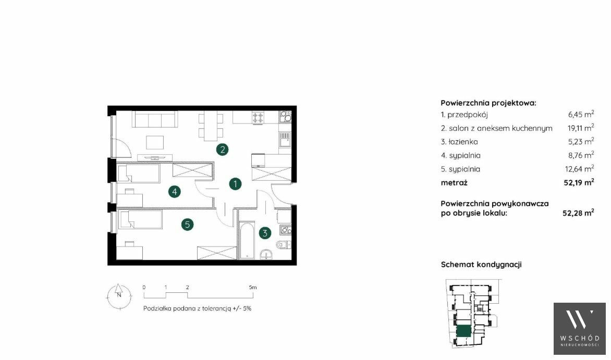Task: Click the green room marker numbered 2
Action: pyautogui.click(x=222, y=149)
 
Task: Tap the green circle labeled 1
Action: pyautogui.click(x=235, y=183)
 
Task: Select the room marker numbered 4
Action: pyautogui.click(x=174, y=191)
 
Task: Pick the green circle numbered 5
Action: pyautogui.click(x=188, y=225)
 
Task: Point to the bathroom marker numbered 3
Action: pyautogui.click(x=265, y=233)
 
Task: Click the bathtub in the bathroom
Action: pyautogui.click(x=246, y=240)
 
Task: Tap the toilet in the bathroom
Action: pyautogui.click(x=283, y=245)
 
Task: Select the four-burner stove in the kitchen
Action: pyautogui.click(x=258, y=118)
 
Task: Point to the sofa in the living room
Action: pyautogui.click(x=155, y=119)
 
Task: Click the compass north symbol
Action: pyautogui.click(x=119, y=296)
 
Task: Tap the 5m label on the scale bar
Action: pyautogui.click(x=253, y=288)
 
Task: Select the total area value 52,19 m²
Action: pyautogui.click(x=579, y=182)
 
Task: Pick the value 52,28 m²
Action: pyautogui.click(x=578, y=213)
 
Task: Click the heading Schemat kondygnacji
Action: pyautogui.click(x=481, y=265)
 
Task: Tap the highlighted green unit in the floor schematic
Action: pyautogui.click(x=463, y=331)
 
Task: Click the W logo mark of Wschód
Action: pyautogui.click(x=579, y=319)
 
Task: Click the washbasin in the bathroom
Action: pyautogui.click(x=267, y=254)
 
